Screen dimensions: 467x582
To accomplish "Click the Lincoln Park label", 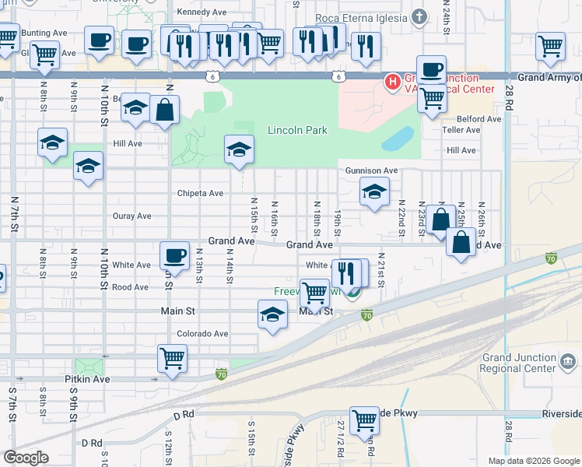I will [x=297, y=131].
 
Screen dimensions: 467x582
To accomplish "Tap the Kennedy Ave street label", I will [x=201, y=12].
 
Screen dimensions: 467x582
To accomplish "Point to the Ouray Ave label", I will [x=131, y=216].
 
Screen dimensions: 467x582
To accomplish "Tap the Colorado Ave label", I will [x=202, y=334].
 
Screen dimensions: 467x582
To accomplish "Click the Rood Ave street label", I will [x=130, y=287].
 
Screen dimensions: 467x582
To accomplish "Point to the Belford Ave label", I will [x=479, y=119].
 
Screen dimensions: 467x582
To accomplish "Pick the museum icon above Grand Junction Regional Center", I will [x=567, y=362].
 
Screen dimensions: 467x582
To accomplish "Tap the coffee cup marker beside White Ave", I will [x=174, y=255].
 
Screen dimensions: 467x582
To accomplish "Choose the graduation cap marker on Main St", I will [x=272, y=315].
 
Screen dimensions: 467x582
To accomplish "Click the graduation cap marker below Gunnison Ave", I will [x=374, y=191].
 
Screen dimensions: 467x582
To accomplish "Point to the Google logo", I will [x=26, y=458].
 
